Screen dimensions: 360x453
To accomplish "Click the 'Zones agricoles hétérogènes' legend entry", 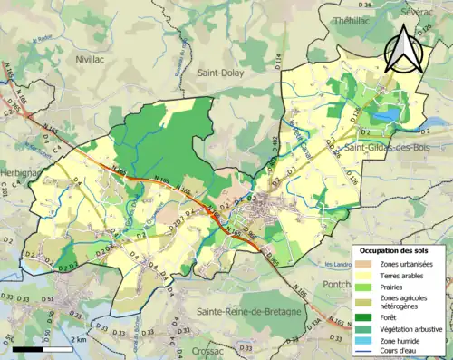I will click(x=401, y=302).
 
